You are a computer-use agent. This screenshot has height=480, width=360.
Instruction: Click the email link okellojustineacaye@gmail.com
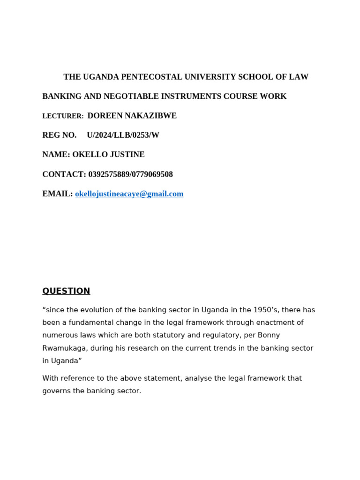pos(129,194)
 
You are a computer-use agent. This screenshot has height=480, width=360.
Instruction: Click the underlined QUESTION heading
pos(66,291)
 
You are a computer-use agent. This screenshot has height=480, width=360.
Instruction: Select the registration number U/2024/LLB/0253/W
pos(123,135)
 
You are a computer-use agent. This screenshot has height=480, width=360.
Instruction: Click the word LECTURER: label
pos(63,116)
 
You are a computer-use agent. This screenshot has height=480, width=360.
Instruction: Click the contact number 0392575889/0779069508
pos(130,174)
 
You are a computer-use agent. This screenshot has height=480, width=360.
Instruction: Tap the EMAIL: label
pos(58,194)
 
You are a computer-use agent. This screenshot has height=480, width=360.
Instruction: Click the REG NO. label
pos(60,135)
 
